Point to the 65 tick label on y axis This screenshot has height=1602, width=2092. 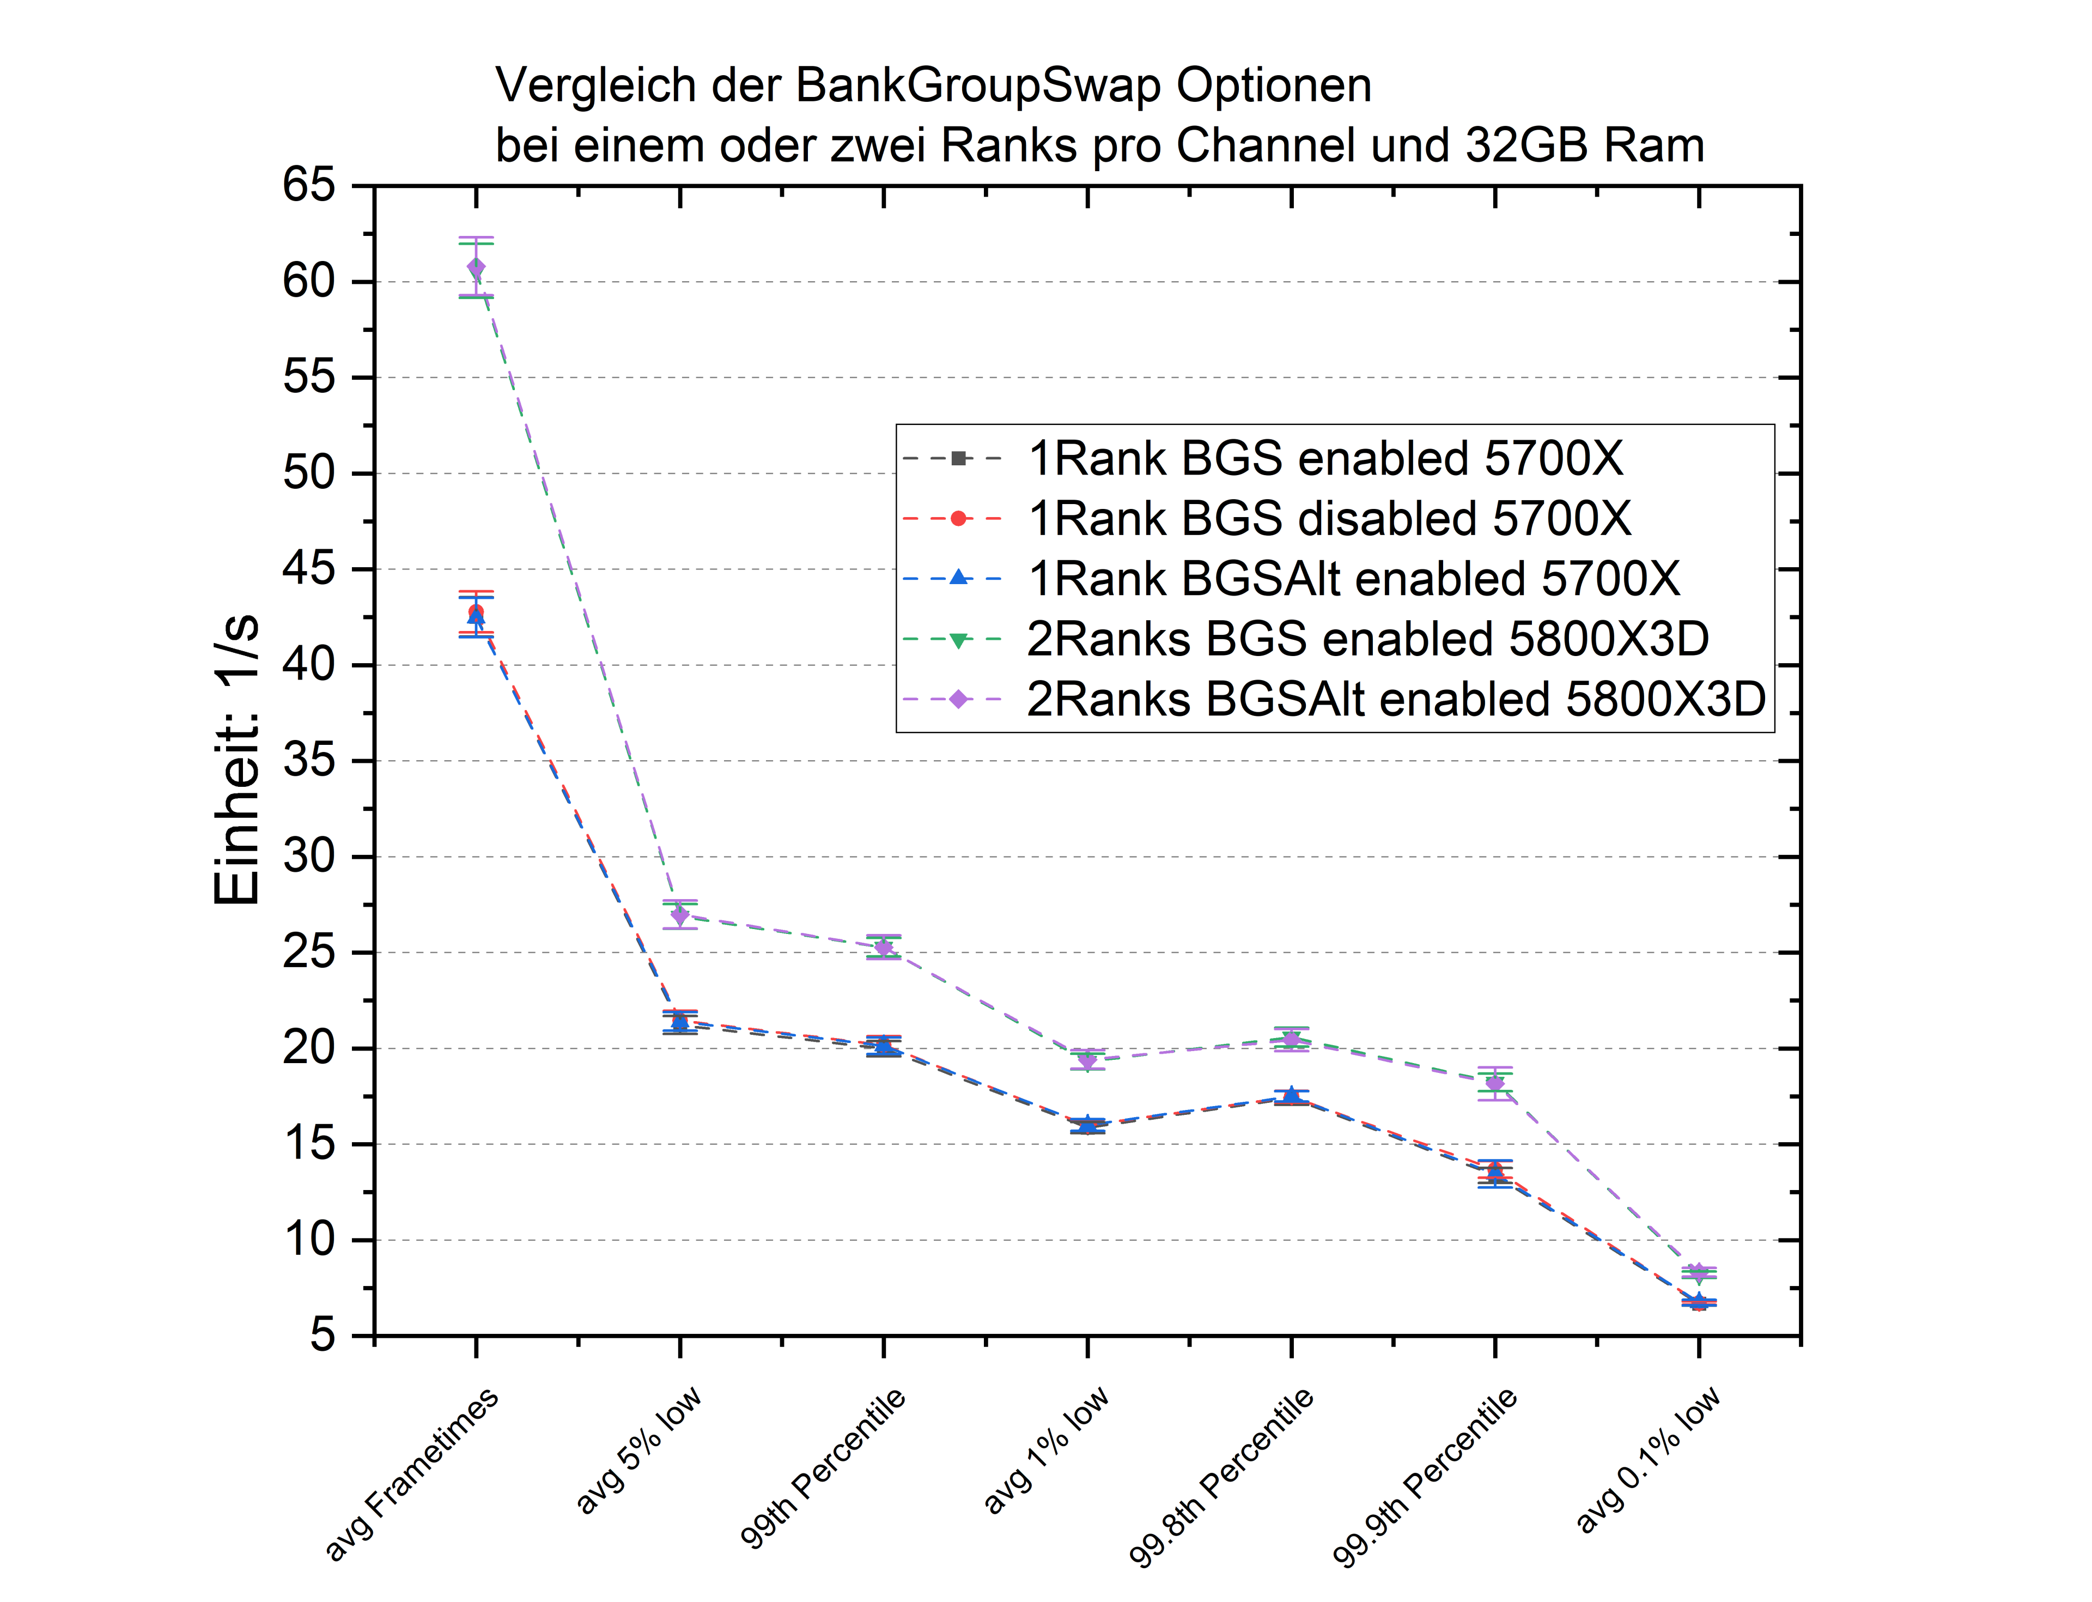pos(309,185)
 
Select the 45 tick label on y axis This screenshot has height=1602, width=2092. pos(309,569)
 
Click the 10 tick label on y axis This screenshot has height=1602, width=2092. pos(309,1240)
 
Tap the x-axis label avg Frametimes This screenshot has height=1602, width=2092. pos(412,1473)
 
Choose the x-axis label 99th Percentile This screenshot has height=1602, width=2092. pos(823,1468)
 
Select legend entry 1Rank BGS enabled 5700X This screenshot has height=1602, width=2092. pos(1325,459)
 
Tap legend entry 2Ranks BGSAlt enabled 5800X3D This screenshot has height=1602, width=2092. pos(1396,699)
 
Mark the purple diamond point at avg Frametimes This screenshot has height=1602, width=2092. pos(476,267)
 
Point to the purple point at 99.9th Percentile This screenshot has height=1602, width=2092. pos(1494,1083)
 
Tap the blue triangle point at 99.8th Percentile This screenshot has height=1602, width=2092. pos(1291,1095)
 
